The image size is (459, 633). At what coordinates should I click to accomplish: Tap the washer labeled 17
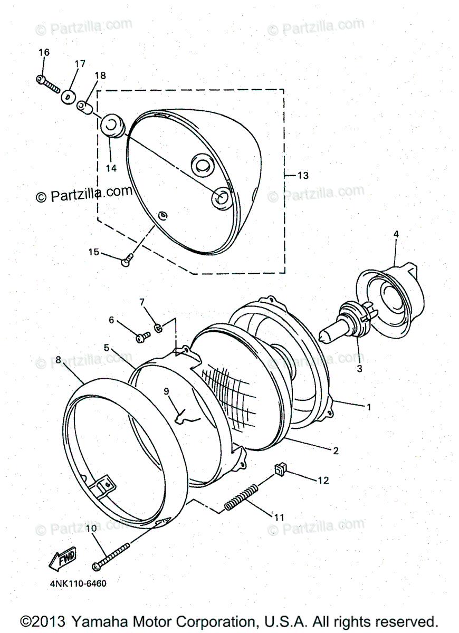(x=68, y=97)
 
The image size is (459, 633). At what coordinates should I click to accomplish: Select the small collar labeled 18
(x=85, y=108)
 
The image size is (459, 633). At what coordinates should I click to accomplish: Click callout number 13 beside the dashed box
(x=303, y=175)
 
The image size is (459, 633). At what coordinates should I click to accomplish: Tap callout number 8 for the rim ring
(x=58, y=360)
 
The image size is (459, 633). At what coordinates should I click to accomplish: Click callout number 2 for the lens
(x=336, y=450)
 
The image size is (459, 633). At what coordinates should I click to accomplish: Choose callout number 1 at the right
(x=369, y=407)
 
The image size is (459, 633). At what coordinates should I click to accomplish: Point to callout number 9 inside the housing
(x=166, y=391)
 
